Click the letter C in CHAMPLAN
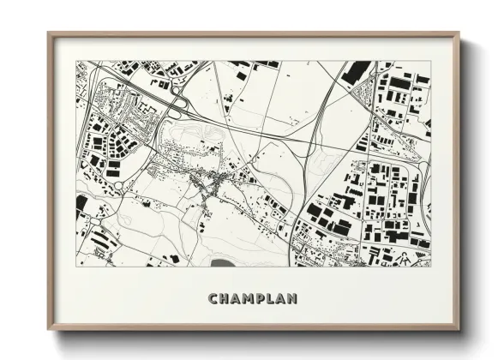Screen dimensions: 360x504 (x=213, y=299)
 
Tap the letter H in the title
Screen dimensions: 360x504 (x=225, y=299)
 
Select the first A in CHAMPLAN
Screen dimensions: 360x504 (x=237, y=299)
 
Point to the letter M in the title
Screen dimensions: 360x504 (x=250, y=299)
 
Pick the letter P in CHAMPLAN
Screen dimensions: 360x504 (x=262, y=299)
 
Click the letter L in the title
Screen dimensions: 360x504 (x=273, y=299)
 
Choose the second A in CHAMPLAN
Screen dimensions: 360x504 (x=283, y=299)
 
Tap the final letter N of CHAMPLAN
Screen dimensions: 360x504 (x=295, y=299)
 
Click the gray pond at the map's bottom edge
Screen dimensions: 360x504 (x=222, y=262)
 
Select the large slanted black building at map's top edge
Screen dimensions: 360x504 (x=355, y=72)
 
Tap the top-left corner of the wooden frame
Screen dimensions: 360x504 (x=49, y=34)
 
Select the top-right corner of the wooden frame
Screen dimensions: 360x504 (x=459, y=34)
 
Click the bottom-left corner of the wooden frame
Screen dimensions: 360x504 (x=49, y=329)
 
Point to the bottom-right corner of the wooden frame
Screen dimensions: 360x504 (x=459, y=329)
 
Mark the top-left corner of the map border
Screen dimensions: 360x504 (x=76, y=61)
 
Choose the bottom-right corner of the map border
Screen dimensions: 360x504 (x=431, y=267)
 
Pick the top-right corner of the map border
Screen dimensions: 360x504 (x=431, y=61)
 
